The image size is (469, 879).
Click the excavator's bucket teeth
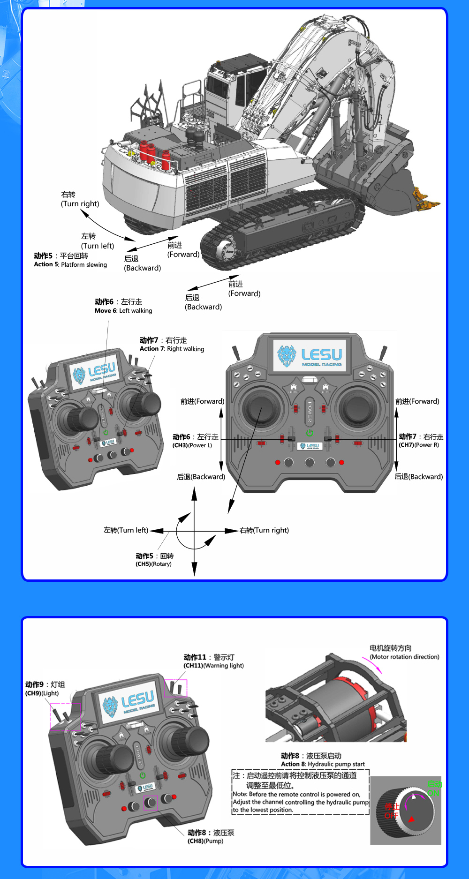(x=426, y=200)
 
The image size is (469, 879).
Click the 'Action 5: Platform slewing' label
(x=70, y=264)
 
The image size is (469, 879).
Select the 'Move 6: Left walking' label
(x=123, y=310)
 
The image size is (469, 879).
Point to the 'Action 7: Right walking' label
(x=172, y=349)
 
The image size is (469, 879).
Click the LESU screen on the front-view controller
(x=310, y=356)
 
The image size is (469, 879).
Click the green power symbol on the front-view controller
(x=310, y=433)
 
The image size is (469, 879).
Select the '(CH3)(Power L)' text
(x=192, y=445)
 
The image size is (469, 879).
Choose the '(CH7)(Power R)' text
(x=419, y=445)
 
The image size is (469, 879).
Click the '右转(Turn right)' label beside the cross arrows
(x=264, y=530)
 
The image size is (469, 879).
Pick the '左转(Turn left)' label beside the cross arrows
(x=126, y=530)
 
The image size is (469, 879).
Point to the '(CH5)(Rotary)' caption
(x=153, y=564)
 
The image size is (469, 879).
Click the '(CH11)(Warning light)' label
(x=213, y=665)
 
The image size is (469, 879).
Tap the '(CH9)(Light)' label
(x=42, y=693)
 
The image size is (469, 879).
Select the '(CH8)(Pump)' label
(x=205, y=841)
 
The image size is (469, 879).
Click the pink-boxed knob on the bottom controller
(x=151, y=803)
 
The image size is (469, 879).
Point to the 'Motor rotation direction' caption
(x=404, y=657)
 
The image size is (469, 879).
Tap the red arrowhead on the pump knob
(x=411, y=819)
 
